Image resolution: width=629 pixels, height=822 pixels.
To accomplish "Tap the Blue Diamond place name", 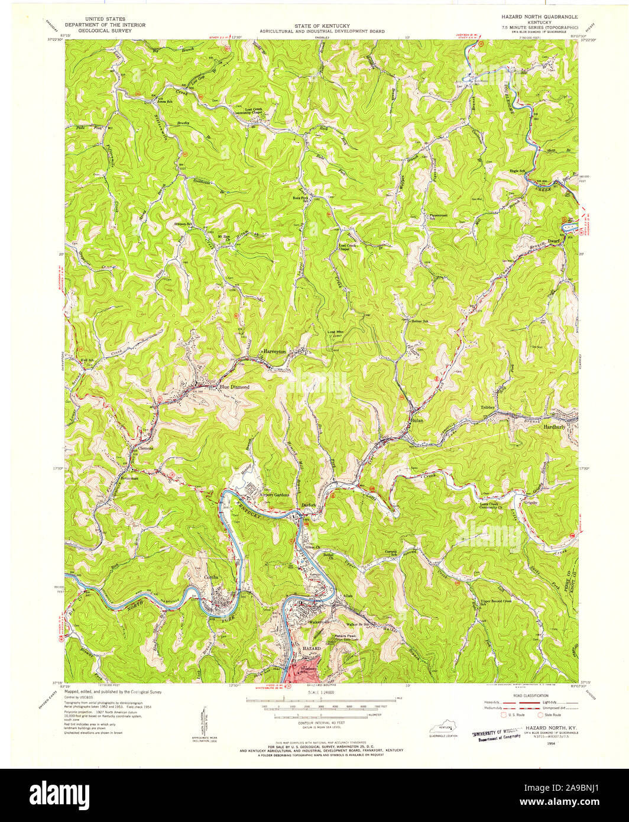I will pyautogui.click(x=234, y=387).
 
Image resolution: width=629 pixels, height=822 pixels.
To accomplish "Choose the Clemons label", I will pyautogui.click(x=145, y=448).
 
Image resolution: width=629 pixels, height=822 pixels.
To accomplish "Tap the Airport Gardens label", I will pyautogui.click(x=273, y=494).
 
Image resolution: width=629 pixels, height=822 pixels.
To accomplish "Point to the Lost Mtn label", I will pyautogui.click(x=335, y=332).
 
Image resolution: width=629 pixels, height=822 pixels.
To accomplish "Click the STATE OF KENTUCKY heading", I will pyautogui.click(x=321, y=26).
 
